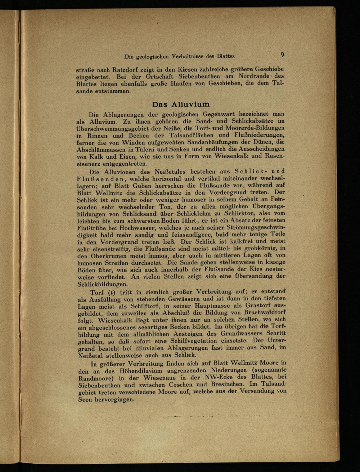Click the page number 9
click(283, 55)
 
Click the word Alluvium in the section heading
click(190, 104)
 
